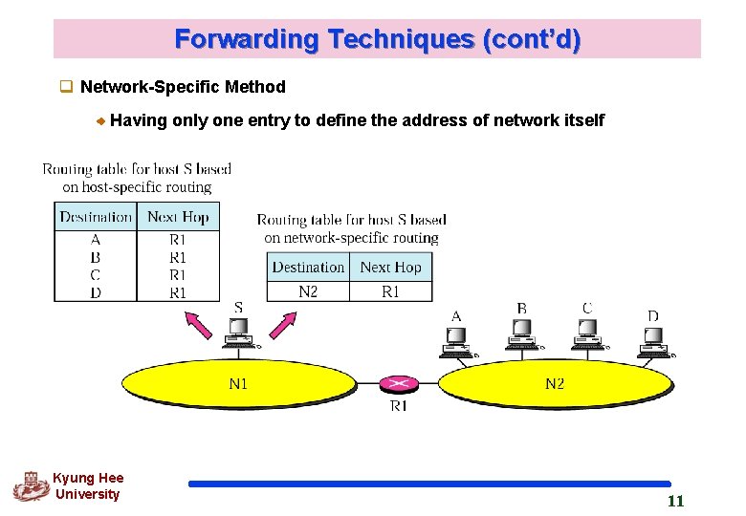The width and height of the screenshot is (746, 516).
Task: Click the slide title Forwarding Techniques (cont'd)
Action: point(377,40)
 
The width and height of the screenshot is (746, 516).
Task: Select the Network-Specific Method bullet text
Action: point(183,87)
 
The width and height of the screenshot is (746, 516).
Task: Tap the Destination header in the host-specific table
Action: point(96,217)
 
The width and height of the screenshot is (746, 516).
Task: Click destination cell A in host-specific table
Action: point(96,240)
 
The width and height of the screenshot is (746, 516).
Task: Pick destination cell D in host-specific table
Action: point(96,292)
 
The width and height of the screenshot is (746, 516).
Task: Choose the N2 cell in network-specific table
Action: point(308,291)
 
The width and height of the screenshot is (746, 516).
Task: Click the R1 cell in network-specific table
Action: point(390,291)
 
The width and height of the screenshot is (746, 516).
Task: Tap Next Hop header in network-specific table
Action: point(390,268)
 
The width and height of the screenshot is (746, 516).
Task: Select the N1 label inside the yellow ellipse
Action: point(238,384)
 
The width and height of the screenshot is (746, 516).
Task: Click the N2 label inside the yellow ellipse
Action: point(555,384)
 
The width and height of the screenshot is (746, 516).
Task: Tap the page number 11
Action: point(675,502)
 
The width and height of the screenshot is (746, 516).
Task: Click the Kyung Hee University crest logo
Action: point(30,486)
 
